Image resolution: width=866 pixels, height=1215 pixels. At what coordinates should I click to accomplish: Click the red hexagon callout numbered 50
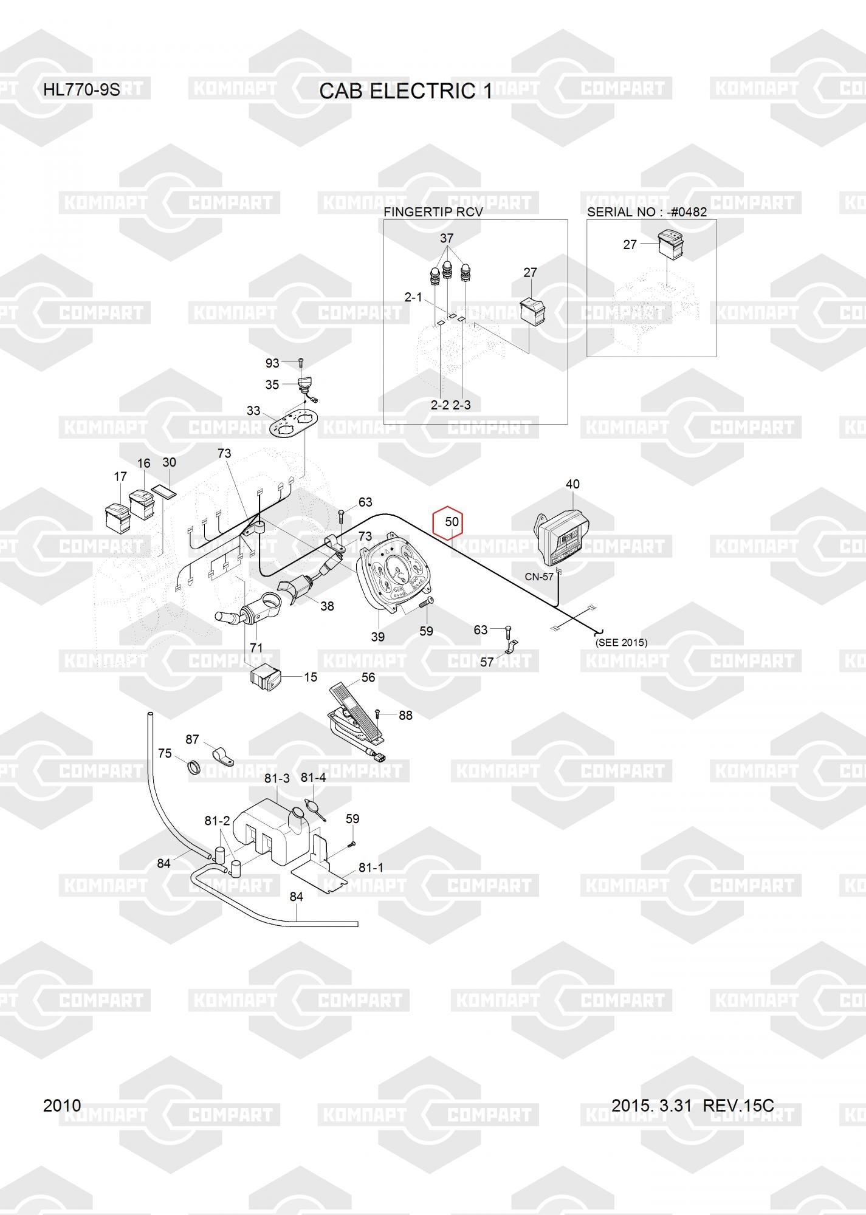[452, 522]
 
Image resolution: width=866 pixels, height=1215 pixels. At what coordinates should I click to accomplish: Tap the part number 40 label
[572, 484]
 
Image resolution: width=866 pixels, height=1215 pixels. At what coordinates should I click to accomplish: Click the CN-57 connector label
[539, 577]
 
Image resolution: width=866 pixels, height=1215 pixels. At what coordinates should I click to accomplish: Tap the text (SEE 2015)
[621, 642]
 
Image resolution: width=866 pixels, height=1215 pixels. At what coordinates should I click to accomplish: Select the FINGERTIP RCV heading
[433, 212]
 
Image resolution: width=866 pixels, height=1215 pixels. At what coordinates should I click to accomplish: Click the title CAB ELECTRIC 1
[406, 91]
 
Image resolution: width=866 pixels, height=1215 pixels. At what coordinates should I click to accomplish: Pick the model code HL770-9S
[81, 90]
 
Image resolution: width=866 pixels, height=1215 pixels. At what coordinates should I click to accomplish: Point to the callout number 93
[272, 363]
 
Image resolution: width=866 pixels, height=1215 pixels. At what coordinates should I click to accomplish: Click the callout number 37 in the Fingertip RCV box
[447, 238]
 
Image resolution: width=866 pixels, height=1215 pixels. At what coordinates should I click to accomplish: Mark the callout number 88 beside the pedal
[405, 716]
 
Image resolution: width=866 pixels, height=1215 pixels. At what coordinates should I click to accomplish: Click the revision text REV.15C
[738, 1105]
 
